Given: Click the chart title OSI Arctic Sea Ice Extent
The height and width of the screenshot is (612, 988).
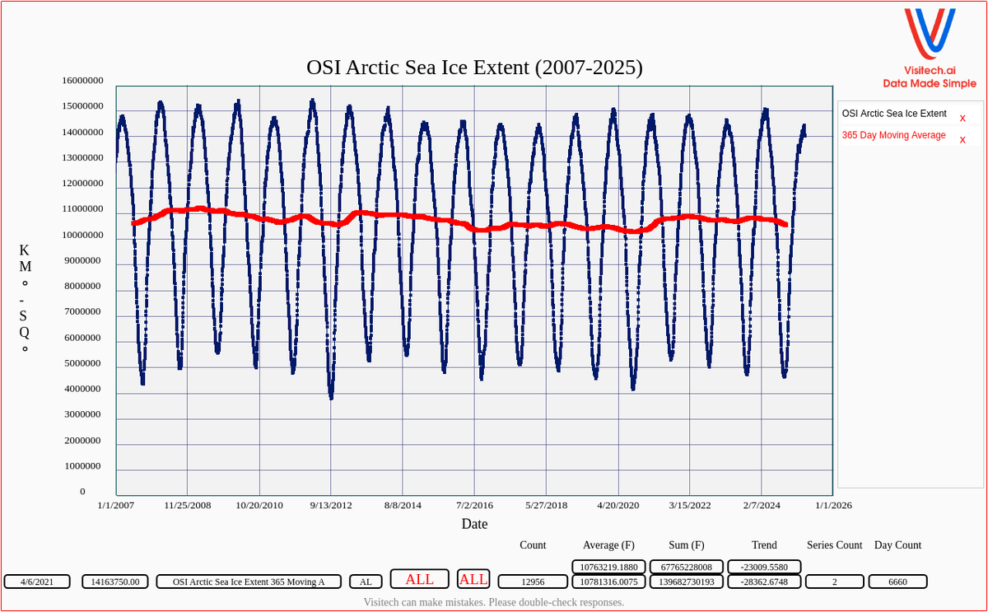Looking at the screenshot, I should (474, 68).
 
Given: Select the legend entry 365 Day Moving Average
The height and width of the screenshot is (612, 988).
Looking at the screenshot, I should (893, 135).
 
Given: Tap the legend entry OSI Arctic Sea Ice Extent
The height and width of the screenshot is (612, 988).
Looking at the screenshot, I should (893, 114).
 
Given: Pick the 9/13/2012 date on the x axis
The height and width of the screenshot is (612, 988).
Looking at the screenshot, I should (331, 505).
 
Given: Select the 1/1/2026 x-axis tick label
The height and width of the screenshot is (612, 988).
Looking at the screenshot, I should (834, 505).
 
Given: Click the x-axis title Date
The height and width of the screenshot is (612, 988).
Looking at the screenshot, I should (474, 524).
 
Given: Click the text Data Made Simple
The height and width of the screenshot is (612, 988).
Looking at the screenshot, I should (930, 83).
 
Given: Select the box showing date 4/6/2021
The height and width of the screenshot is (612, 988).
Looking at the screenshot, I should (37, 582).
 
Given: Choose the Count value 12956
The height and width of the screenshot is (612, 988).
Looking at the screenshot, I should (533, 582).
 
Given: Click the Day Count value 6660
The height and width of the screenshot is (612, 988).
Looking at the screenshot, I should (897, 582).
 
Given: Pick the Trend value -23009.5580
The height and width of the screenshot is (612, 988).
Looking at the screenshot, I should (764, 567).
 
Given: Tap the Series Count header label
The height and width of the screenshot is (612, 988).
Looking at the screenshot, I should (834, 545).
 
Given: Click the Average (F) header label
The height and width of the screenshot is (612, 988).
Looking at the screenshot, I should (608, 545).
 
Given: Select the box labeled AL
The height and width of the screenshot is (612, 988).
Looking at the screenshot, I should (366, 582).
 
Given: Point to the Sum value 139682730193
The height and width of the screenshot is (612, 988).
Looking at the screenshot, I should (686, 582).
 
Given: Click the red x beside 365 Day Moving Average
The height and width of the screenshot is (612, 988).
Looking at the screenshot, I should (962, 140).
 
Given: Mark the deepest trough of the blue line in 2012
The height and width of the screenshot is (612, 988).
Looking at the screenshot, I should (331, 398).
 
